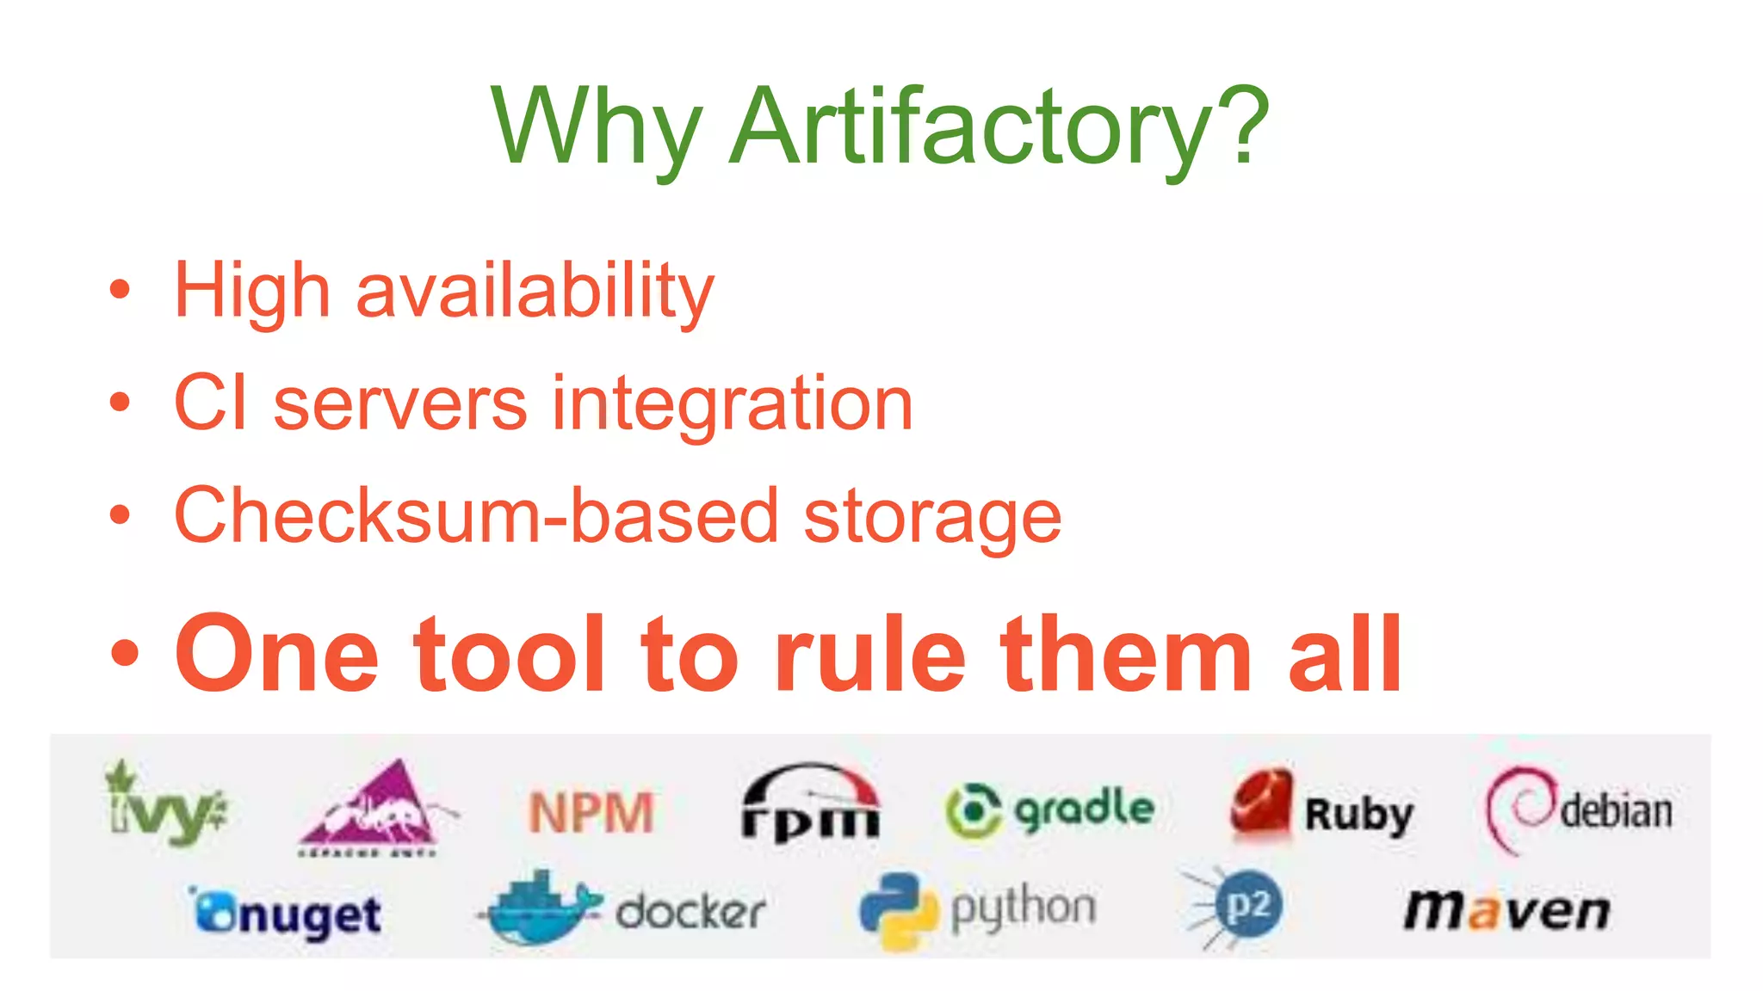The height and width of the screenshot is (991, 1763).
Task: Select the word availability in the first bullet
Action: (x=535, y=291)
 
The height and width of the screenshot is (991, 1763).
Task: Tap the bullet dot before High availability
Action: (x=120, y=290)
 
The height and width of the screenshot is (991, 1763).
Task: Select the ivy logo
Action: (x=164, y=803)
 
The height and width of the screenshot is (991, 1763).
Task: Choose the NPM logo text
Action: (x=591, y=813)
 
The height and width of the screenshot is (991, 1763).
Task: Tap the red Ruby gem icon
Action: (x=1261, y=803)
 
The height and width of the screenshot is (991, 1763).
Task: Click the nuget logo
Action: (x=287, y=914)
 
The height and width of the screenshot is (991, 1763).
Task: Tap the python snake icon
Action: (x=897, y=911)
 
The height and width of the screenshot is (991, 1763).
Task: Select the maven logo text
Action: (x=1506, y=910)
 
